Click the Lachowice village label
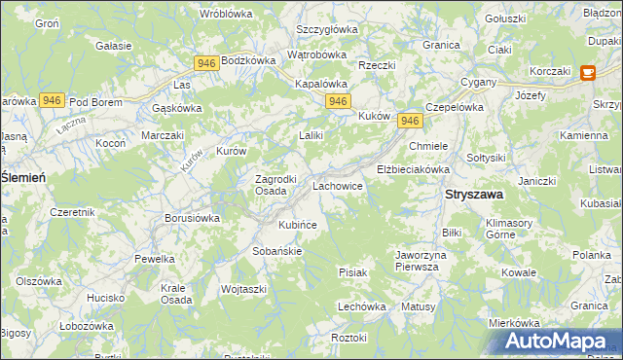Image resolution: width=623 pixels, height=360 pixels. [338, 184]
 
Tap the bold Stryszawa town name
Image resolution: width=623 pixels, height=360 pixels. [474, 195]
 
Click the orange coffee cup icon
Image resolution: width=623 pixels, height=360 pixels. [587, 72]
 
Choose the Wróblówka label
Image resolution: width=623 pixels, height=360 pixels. [226, 14]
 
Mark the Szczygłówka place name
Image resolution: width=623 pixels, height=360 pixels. [327, 29]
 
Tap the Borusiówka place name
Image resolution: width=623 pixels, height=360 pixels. [192, 219]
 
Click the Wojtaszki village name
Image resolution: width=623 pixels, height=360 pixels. [243, 289]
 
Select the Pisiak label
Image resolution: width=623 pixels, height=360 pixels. [352, 272]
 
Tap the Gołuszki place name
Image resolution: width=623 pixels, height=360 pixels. [505, 18]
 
